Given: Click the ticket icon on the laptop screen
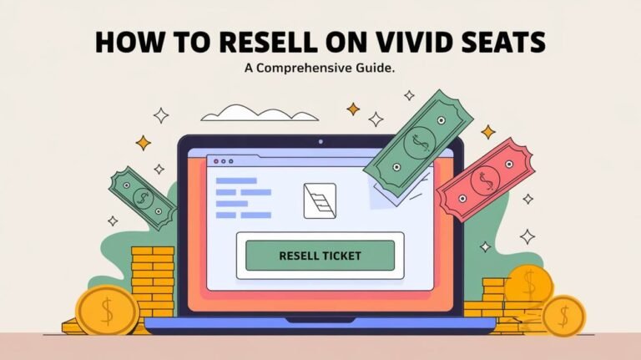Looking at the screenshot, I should (x=319, y=201).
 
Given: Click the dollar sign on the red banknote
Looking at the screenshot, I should (x=485, y=179).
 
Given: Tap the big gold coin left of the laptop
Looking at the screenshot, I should (x=106, y=310).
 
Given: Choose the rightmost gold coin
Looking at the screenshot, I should (x=563, y=315).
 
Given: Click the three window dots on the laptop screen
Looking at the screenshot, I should (x=223, y=159).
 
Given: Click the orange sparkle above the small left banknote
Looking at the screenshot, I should (x=143, y=143).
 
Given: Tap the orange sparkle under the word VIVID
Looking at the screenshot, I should (x=353, y=109).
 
